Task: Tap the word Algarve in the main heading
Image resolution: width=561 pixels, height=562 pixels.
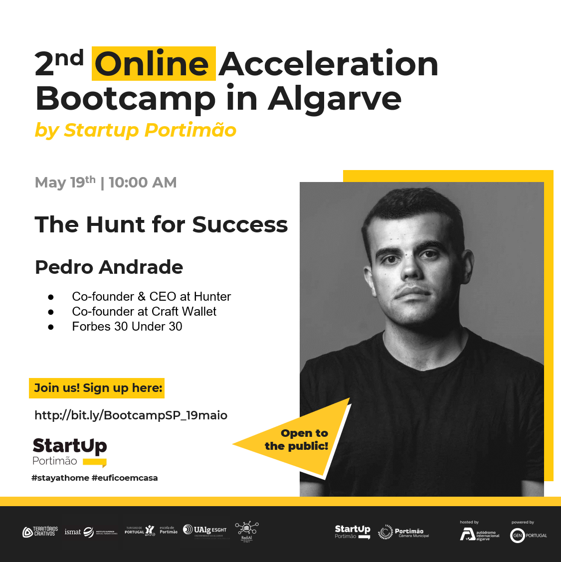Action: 335,99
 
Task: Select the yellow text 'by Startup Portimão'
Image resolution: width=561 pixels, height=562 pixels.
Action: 135,130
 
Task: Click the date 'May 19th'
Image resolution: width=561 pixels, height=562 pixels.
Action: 65,182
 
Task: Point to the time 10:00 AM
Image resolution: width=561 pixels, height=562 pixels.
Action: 143,183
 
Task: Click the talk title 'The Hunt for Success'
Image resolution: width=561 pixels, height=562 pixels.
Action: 161,224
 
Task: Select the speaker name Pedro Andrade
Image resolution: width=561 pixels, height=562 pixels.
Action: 109,267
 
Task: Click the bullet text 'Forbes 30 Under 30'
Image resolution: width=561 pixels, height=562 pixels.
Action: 127,327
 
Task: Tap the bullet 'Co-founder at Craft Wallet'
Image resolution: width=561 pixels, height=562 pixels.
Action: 144,312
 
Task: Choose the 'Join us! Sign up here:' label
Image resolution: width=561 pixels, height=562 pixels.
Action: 98,388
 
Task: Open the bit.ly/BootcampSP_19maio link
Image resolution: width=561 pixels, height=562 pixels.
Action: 131,415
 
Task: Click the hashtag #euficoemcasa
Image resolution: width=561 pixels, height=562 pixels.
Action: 125,478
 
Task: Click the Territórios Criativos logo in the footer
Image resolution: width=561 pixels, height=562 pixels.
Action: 40,532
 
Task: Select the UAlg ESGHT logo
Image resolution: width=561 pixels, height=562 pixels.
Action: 204,530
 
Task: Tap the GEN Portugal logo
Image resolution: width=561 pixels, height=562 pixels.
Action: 528,535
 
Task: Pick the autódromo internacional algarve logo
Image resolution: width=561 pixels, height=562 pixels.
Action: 479,535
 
